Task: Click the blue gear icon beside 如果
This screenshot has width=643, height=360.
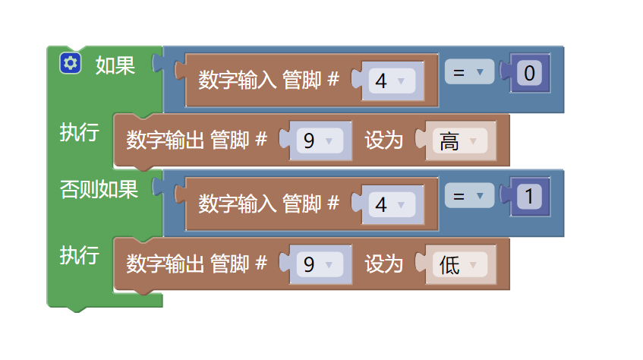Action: [x=71, y=64]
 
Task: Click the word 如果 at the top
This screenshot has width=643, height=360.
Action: [x=115, y=65]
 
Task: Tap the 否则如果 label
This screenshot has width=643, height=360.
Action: [x=99, y=190]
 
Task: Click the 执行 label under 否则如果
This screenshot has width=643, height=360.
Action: [x=79, y=255]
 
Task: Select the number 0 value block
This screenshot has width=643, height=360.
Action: [x=531, y=74]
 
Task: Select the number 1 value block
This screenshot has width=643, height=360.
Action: [x=531, y=197]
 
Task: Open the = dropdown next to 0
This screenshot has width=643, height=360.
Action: [x=468, y=73]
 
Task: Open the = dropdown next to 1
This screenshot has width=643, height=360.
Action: [x=468, y=197]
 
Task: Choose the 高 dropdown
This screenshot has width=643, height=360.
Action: [x=459, y=141]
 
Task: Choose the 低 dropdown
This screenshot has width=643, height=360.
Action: [x=459, y=265]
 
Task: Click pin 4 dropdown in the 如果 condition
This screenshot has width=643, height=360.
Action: [x=390, y=81]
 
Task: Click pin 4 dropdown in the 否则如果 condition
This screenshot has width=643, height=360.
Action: [x=390, y=204]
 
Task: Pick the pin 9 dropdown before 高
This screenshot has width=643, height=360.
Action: [x=318, y=141]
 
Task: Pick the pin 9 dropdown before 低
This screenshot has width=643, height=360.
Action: [x=318, y=265]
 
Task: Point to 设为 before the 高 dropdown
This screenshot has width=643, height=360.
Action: [x=383, y=141]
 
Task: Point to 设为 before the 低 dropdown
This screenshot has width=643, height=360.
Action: [x=383, y=264]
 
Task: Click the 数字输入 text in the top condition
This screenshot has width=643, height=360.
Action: [x=238, y=80]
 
